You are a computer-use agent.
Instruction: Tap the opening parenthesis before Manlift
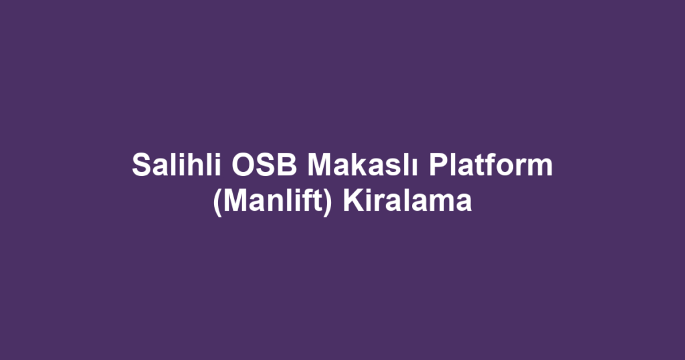point(217,200)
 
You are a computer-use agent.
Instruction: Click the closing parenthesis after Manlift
point(328,200)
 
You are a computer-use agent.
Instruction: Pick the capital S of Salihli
point(140,165)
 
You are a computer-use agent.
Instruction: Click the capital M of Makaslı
point(320,165)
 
